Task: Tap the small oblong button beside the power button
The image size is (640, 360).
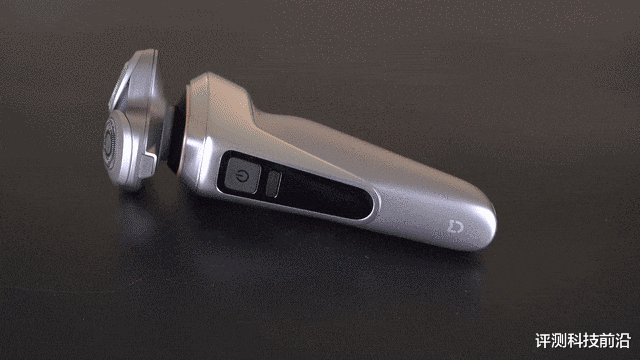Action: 273,184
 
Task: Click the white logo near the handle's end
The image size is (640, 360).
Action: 456,227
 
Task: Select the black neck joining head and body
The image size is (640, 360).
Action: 176,137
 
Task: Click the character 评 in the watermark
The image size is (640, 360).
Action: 543,341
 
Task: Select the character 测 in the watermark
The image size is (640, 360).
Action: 559,341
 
